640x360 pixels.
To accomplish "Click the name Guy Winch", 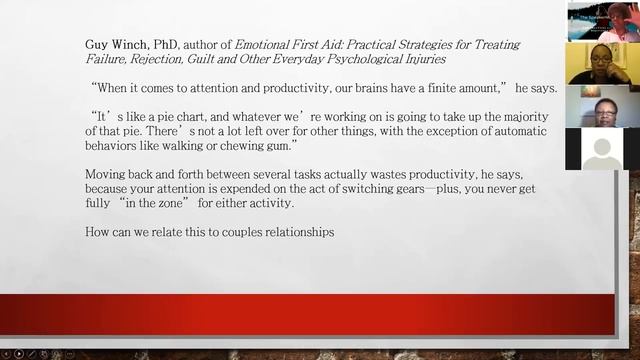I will coord(115,43).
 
